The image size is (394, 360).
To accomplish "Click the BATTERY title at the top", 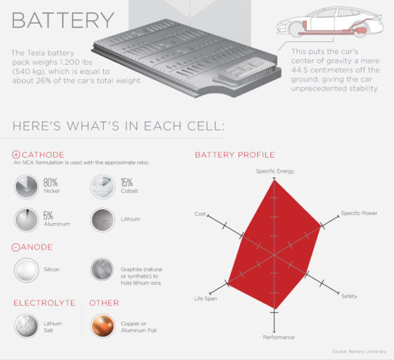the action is tap(63, 20).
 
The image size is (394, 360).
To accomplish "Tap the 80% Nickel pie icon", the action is tap(26, 187).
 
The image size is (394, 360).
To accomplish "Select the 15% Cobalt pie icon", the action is tap(103, 187).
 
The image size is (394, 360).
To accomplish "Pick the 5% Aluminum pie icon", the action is tap(26, 220).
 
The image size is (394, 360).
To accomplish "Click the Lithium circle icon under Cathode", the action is tap(103, 220).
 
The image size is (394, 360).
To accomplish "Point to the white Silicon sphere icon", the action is tap(26, 270).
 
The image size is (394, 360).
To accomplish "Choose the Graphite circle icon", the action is tap(102, 269).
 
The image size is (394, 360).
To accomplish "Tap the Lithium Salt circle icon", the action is tap(26, 326).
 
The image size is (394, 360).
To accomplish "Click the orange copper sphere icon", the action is tap(103, 326).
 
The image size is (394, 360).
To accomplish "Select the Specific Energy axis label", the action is tap(275, 171).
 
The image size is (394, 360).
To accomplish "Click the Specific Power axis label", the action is tap(359, 214).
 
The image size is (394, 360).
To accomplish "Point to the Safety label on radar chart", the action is tap(349, 296).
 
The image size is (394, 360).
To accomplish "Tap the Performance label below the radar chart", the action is tap(279, 337).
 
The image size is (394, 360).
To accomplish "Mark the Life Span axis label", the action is tap(205, 299).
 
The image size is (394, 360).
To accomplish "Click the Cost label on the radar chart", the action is tap(200, 214).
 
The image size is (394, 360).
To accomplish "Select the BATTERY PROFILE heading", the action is tap(235, 155).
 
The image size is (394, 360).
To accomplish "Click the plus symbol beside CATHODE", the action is tap(16, 155).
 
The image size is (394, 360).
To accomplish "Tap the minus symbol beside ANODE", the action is tap(15, 247).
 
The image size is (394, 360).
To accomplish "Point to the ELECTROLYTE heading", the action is tap(44, 303).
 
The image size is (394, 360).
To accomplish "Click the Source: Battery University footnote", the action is tap(359, 352).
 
